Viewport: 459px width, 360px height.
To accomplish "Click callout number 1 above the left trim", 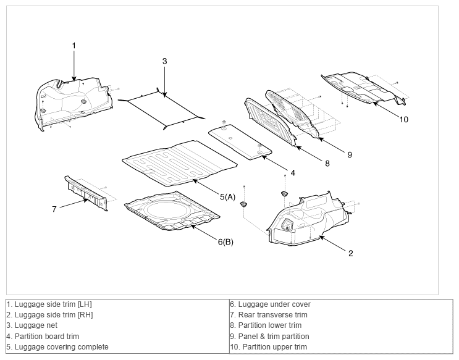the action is (x=74, y=46).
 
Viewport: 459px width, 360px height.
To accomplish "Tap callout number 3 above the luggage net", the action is (x=164, y=61).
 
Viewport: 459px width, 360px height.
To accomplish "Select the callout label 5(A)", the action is (x=227, y=197).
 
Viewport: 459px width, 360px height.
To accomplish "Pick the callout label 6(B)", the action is (x=225, y=242).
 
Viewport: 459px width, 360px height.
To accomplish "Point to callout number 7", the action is (x=54, y=209).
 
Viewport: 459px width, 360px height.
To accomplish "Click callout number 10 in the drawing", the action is (x=403, y=119).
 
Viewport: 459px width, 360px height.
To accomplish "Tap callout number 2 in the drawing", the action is (x=351, y=253).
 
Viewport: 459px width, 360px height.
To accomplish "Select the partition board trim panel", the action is (x=240, y=142).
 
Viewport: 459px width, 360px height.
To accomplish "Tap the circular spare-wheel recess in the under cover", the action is (x=166, y=209).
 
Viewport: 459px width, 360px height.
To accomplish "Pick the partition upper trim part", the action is (x=364, y=87).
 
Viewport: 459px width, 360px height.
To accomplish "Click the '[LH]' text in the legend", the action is (x=85, y=304).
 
